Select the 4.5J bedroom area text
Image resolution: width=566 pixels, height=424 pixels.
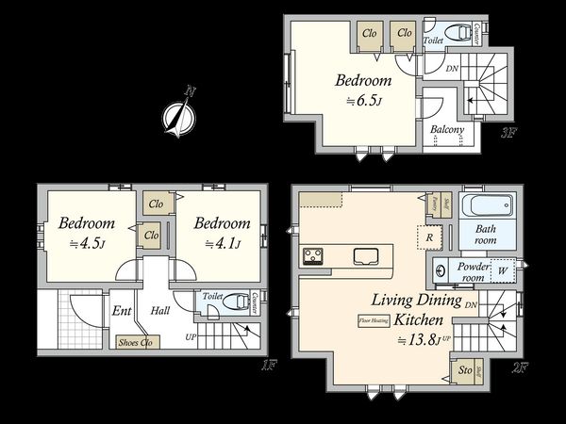[87, 245]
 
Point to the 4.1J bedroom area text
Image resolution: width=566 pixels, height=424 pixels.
[222, 245]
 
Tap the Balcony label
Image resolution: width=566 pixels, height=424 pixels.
[447, 130]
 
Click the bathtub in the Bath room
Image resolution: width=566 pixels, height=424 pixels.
[488, 206]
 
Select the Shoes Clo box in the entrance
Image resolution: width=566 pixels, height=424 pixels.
[135, 342]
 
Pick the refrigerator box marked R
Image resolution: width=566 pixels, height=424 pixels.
[430, 237]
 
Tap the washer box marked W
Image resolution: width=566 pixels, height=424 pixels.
[502, 270]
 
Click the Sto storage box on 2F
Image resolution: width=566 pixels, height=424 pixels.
[464, 371]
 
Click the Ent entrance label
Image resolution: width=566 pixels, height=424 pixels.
[122, 310]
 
